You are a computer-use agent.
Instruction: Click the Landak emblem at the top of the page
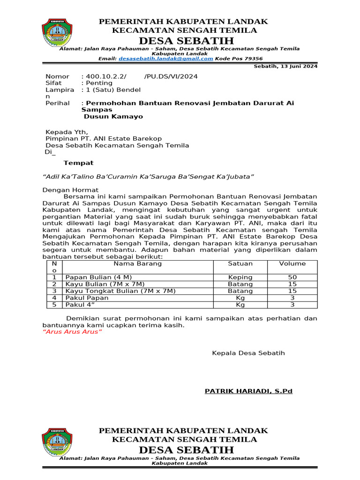(x=57, y=32)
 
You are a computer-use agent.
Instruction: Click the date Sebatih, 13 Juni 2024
(x=285, y=66)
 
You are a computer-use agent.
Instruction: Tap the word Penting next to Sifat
(x=98, y=83)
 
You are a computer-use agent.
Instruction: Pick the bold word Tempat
(x=78, y=163)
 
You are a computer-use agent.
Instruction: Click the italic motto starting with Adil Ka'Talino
(x=148, y=176)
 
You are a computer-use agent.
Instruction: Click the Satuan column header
(x=240, y=263)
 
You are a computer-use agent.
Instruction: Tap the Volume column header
(x=292, y=263)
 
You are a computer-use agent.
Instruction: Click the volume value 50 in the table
(x=292, y=277)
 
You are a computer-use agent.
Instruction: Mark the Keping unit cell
(x=240, y=277)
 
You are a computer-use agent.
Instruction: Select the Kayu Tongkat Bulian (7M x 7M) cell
(x=120, y=291)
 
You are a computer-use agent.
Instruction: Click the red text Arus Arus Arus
(x=72, y=332)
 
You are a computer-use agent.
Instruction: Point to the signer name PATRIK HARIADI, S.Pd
(x=248, y=391)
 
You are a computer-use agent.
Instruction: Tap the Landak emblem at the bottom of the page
(x=57, y=442)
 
